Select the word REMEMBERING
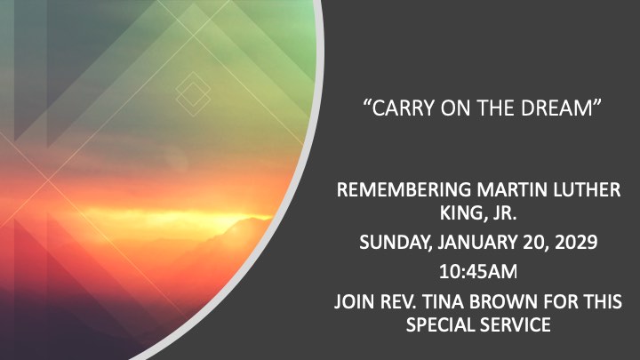pos(404,190)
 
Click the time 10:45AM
pos(478,272)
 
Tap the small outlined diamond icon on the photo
pos(193,94)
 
